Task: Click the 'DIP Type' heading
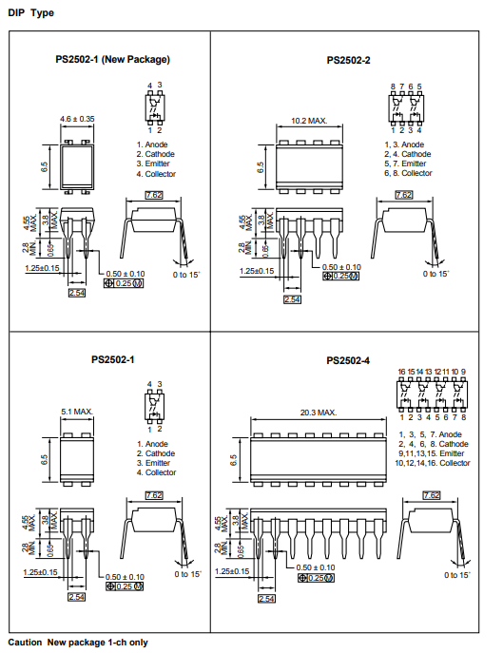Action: [x=30, y=13]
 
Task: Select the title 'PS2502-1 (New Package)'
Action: [x=112, y=59]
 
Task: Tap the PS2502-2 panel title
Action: [x=348, y=61]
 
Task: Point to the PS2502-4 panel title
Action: [x=348, y=360]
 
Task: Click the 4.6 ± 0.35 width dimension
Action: [x=77, y=119]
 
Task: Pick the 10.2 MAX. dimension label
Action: [x=309, y=121]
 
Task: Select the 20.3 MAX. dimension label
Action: [x=319, y=413]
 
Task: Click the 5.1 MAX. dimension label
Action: [x=77, y=412]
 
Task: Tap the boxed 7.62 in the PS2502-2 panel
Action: [x=404, y=195]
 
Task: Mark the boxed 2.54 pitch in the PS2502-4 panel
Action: [x=266, y=599]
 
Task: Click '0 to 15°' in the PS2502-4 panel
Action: [x=457, y=575]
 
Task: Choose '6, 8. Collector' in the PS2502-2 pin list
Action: [x=408, y=173]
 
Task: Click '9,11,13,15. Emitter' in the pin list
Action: [x=432, y=453]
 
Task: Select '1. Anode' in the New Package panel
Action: [x=152, y=144]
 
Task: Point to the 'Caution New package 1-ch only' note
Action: [x=78, y=643]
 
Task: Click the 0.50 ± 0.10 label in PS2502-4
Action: [x=316, y=567]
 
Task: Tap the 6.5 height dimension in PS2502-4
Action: [x=233, y=460]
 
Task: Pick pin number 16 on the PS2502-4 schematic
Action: [x=401, y=372]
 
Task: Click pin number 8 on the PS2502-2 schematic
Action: [x=393, y=86]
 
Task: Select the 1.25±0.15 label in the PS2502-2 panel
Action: [x=257, y=271]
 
